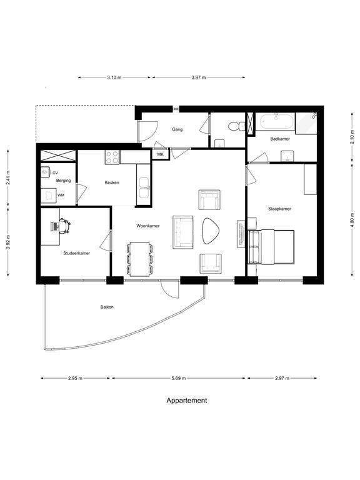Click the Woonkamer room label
pos(148,226)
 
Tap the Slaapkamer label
pos(279,209)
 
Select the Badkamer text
pos(280,139)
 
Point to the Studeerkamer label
pos(76,254)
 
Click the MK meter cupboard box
pos(161,154)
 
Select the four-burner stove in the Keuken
pos(112,157)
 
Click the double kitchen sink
pos(143,187)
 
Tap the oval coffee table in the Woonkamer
pos(211,231)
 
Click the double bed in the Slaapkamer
pos(271,247)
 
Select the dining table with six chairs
pos(139,259)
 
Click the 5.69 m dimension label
pos(179,378)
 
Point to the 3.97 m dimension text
pos(199,77)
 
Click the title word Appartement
pos(187,401)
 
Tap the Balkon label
pos(107,307)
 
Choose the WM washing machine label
pos(61,195)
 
